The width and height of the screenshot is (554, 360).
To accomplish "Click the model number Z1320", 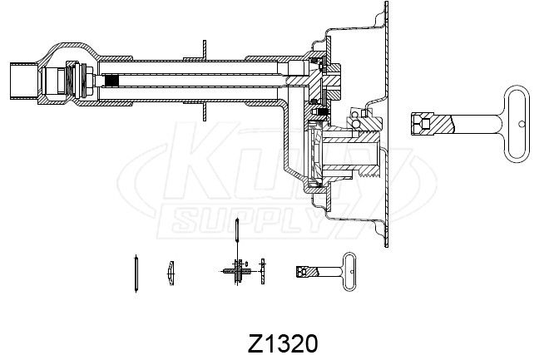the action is [x=283, y=343].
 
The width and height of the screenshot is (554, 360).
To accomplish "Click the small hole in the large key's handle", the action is [x=522, y=124].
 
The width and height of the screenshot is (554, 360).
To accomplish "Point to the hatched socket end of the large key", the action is [x=432, y=123].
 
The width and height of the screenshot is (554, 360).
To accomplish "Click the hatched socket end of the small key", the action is [x=307, y=271].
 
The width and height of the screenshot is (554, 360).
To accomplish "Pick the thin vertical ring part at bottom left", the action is [x=136, y=273].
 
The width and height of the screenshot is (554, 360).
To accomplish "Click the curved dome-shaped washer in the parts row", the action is [x=171, y=273].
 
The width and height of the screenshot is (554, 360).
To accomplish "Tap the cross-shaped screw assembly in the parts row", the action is [x=237, y=271].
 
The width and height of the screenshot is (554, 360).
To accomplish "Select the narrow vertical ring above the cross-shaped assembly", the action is [x=237, y=230].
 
